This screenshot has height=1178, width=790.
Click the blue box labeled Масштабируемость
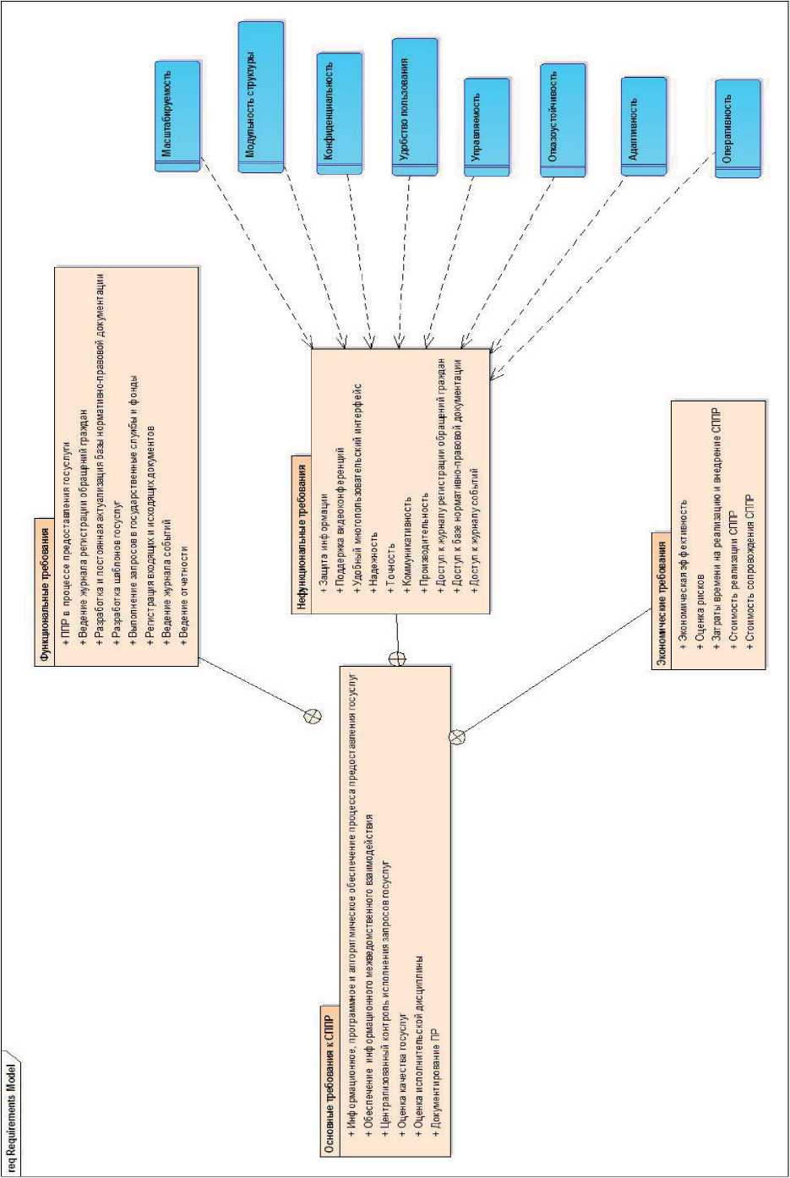[x=178, y=116]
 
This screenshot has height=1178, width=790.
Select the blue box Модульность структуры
[x=260, y=97]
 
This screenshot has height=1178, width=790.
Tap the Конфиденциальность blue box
[x=340, y=113]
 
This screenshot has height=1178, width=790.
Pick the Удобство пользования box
[x=415, y=106]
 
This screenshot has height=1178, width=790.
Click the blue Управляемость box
[x=487, y=127]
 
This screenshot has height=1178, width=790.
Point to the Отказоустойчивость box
[x=563, y=119]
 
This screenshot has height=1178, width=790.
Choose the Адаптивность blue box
[x=644, y=126]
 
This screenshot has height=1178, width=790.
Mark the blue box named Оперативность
[x=738, y=128]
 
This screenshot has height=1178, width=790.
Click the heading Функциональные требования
[x=45, y=591]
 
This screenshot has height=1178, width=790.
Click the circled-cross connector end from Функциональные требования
[x=312, y=717]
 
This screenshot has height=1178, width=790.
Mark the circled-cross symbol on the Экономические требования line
[x=457, y=737]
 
